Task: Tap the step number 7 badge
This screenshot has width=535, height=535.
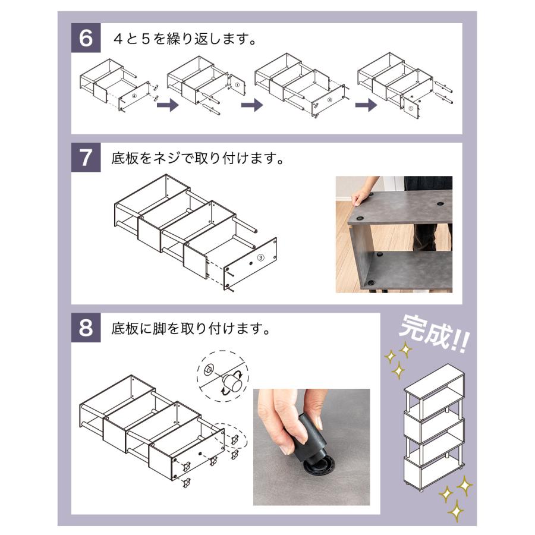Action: (x=86, y=159)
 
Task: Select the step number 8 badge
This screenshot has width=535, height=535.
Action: (x=86, y=328)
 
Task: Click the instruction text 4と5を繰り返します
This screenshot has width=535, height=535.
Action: (x=184, y=40)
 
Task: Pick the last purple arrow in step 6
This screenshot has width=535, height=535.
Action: (x=366, y=105)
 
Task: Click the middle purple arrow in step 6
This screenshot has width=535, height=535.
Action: (x=251, y=105)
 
